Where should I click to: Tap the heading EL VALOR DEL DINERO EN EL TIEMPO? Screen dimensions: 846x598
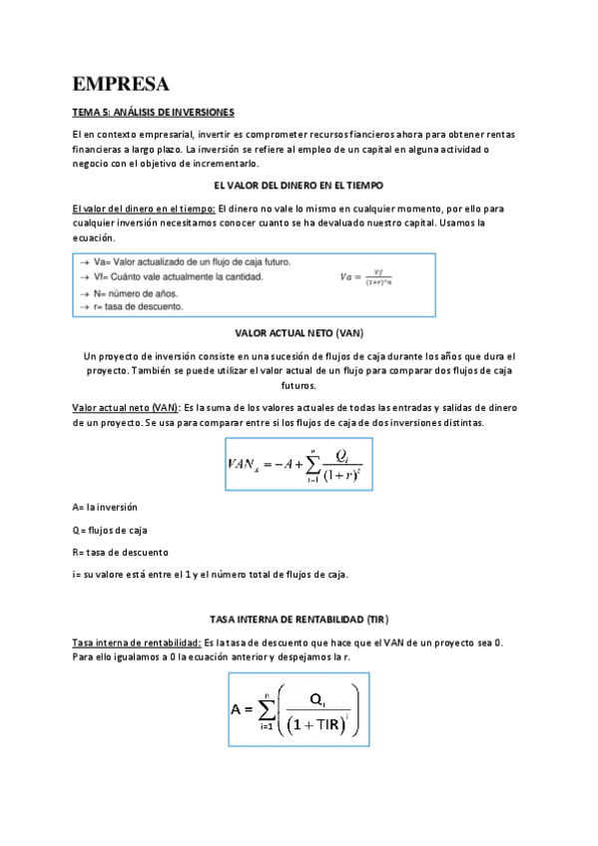[299, 186]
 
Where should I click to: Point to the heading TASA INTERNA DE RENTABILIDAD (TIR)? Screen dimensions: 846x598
[299, 620]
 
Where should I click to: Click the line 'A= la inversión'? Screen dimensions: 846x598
[105, 508]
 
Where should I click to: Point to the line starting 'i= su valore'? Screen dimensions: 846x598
[210, 574]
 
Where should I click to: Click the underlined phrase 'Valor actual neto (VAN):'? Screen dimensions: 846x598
[127, 408]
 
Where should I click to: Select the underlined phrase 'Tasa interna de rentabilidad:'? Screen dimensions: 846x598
[137, 642]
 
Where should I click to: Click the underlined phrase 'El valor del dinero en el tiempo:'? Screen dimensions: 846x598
[143, 209]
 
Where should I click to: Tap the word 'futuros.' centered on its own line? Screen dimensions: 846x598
[299, 385]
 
